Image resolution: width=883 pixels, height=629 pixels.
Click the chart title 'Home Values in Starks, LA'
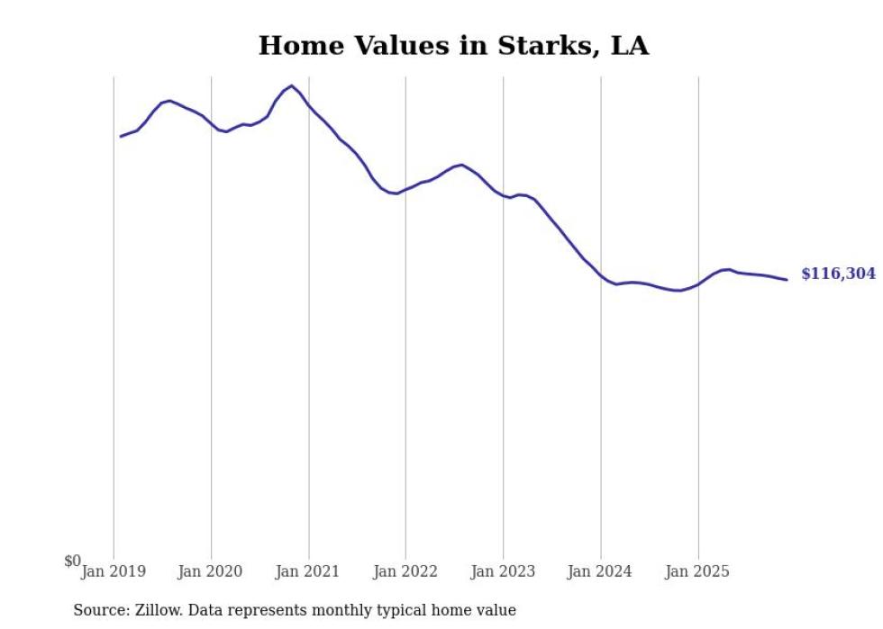[x=453, y=46]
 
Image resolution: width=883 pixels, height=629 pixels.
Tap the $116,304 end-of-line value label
[x=838, y=274]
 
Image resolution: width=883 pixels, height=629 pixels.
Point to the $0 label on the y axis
[x=72, y=562]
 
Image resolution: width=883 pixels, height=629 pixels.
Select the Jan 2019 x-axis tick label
[x=114, y=571]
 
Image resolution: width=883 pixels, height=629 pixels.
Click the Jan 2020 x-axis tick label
[x=211, y=571]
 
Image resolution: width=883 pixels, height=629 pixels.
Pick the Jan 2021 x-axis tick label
[x=308, y=571]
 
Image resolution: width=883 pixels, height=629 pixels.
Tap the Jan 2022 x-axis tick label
[x=405, y=571]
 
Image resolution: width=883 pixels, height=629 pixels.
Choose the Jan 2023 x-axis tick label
[x=503, y=571]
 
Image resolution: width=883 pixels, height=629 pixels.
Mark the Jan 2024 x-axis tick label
[x=601, y=571]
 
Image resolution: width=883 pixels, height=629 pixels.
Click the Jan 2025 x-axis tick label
[x=698, y=571]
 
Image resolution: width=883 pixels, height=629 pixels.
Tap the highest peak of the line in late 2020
[x=291, y=85]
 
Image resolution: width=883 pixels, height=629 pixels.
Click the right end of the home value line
[x=787, y=280]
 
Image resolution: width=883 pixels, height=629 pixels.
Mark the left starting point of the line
[x=121, y=137]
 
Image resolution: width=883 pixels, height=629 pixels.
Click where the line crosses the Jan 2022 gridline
[x=405, y=190]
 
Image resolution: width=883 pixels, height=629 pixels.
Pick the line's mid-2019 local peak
[x=170, y=101]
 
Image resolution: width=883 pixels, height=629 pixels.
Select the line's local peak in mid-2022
[x=461, y=165]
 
